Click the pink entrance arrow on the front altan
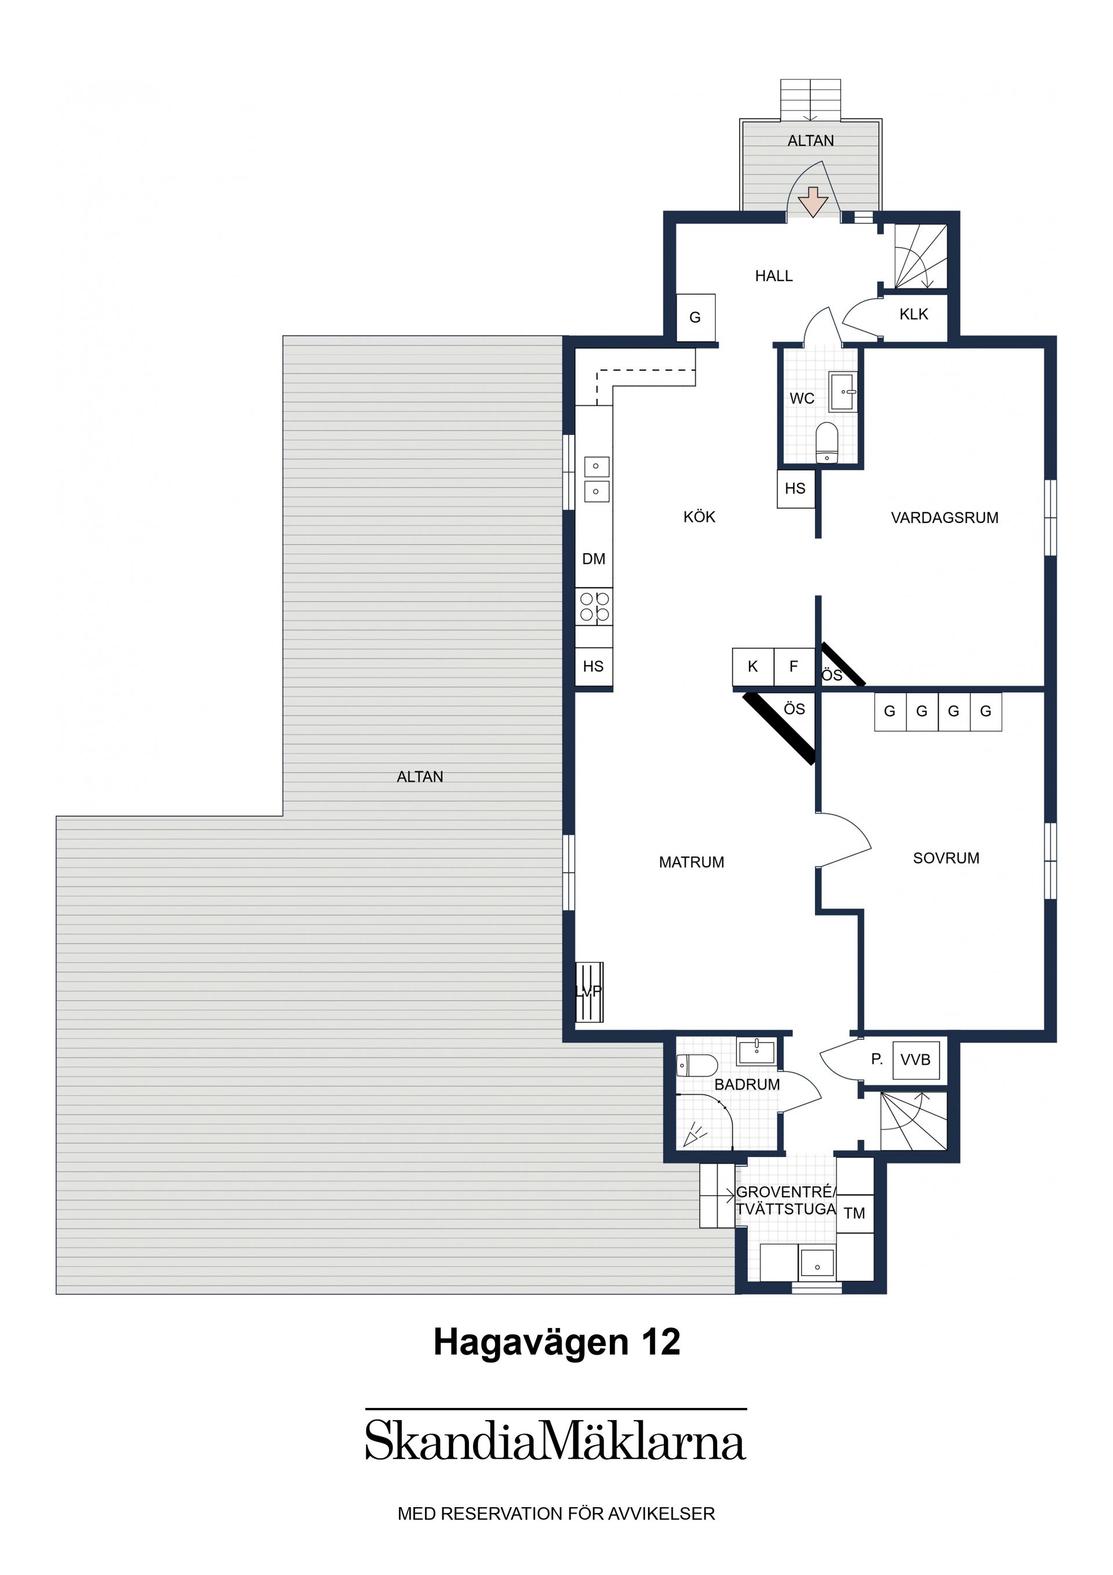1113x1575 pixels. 813,202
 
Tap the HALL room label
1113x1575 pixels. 773,276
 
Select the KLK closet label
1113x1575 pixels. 914,314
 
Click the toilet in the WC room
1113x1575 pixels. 827,442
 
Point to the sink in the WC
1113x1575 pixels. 843,391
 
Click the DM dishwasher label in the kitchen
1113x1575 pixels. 594,559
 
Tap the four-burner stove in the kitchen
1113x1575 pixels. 594,607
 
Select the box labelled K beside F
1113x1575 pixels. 753,667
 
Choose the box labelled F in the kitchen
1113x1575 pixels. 794,667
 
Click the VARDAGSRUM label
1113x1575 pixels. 944,518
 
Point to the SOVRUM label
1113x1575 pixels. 945,858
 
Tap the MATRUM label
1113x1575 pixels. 691,862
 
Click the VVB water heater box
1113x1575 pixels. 915,1060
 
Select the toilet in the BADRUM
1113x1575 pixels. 697,1066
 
